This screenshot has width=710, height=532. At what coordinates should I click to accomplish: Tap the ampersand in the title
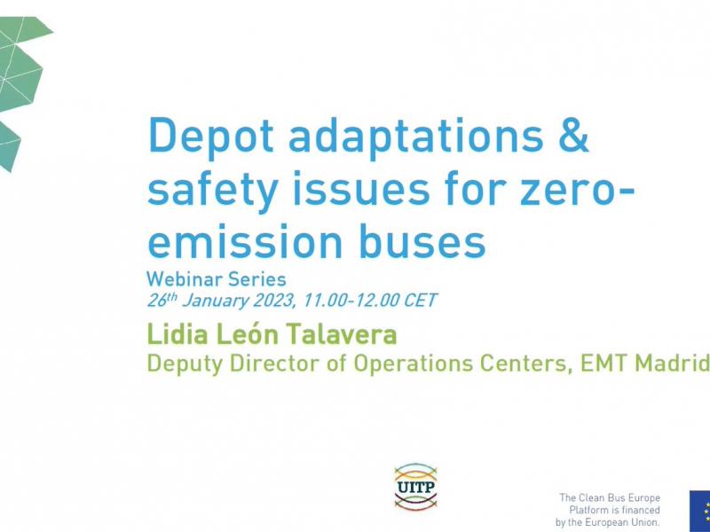point(573,135)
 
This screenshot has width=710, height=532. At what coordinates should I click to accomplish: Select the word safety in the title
point(212,189)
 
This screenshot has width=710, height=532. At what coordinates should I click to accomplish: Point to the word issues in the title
point(361,188)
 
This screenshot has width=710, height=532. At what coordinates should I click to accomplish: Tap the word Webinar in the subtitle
point(185,279)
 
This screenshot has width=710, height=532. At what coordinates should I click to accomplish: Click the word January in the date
point(216,301)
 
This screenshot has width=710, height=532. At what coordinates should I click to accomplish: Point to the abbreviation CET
point(420,300)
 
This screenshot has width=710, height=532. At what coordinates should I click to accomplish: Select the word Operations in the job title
point(413,364)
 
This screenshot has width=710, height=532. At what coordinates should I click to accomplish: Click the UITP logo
point(415,487)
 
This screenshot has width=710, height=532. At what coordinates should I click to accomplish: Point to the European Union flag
point(699,512)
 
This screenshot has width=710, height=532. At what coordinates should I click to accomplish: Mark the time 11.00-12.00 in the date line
point(351,300)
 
